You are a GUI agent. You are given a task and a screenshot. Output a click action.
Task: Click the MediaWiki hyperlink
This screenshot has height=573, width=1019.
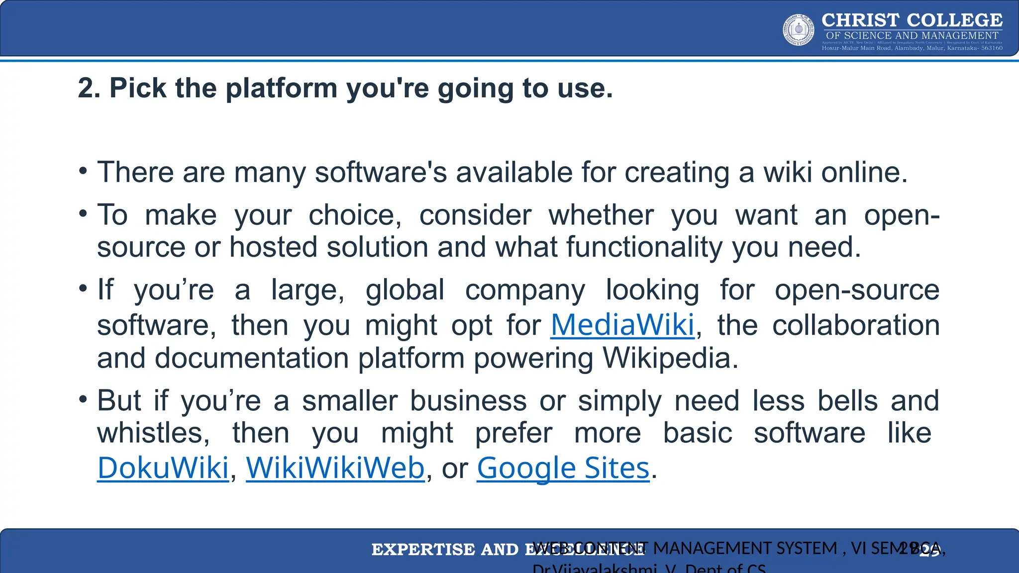[x=622, y=325]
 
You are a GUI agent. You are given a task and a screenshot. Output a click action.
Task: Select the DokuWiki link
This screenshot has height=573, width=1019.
[x=163, y=468]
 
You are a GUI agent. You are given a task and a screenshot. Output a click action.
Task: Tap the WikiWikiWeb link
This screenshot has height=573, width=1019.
[x=335, y=468]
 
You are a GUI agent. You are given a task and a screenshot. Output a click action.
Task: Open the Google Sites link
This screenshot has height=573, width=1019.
[x=563, y=468]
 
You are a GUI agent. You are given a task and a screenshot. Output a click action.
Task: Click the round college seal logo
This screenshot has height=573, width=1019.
[x=799, y=30]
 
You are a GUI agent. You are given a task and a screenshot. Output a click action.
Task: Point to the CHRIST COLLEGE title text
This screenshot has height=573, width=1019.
[x=912, y=20]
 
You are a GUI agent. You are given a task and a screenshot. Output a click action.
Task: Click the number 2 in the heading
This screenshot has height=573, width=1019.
[x=86, y=89]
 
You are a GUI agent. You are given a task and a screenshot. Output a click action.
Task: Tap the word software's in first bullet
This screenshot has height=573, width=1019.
[x=381, y=173]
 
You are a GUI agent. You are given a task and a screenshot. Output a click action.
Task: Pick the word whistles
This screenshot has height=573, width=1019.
[x=152, y=433]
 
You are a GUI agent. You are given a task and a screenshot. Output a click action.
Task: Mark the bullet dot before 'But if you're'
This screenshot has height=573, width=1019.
[x=83, y=399]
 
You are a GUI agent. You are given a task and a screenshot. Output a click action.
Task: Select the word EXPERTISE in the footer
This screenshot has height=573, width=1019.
[x=423, y=550]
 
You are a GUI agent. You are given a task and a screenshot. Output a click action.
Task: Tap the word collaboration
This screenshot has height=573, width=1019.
[x=856, y=325]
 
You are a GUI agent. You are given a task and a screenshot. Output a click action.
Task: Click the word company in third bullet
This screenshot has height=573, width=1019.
[x=525, y=290]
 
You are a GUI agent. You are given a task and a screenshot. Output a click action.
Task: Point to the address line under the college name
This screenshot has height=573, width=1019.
[x=912, y=48]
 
